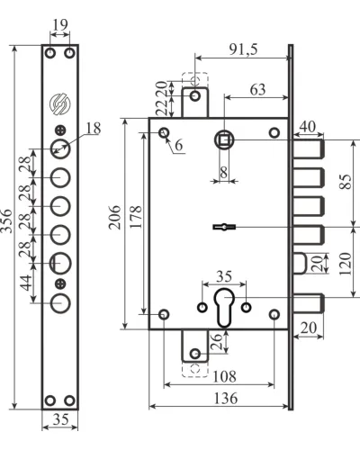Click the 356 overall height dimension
tap(6, 221)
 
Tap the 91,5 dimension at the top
tap(243, 49)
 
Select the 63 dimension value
tap(257, 89)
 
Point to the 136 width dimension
tap(226, 398)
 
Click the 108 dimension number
tap(224, 376)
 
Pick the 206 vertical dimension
tap(114, 218)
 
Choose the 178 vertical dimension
tap(136, 217)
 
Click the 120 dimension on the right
tap(345, 264)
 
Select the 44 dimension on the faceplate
tap(26, 283)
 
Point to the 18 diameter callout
tap(94, 129)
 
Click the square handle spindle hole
tap(224, 139)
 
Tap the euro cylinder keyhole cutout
tap(224, 307)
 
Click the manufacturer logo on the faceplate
tap(59, 104)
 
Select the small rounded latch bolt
tap(300, 264)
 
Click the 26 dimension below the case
tap(217, 341)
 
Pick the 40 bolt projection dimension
tap(308, 126)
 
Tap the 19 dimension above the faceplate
tap(60, 24)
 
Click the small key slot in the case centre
tap(224, 227)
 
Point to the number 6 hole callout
tap(178, 145)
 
